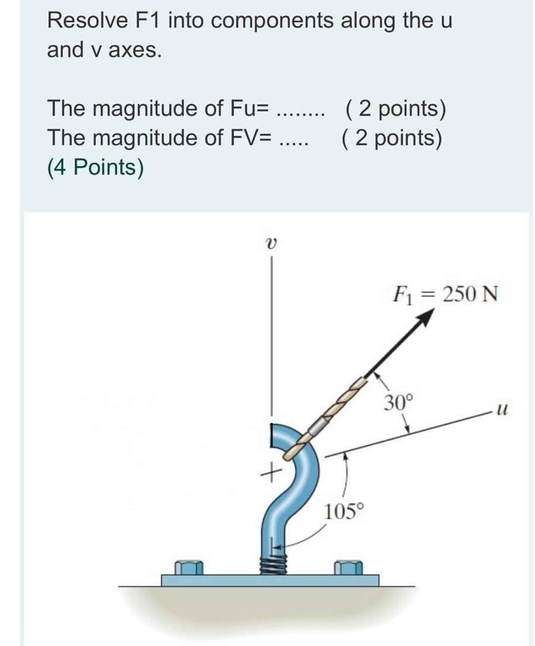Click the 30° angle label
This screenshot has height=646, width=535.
(x=399, y=402)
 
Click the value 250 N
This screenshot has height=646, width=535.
(x=470, y=293)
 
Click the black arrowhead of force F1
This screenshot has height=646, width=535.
(x=426, y=317)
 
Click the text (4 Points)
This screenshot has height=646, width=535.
(x=95, y=168)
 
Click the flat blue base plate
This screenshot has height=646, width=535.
(x=270, y=580)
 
